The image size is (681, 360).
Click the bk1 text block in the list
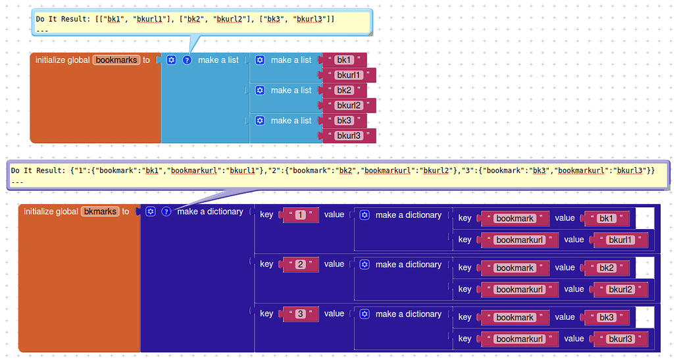coord(344,61)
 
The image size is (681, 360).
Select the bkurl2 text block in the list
coord(349,105)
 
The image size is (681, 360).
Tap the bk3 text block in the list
coord(344,121)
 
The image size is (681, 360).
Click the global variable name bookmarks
coord(116,60)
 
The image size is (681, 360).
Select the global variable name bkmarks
coord(100,212)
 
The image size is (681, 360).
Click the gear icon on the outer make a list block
coord(172,60)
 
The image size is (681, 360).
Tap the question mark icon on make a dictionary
coord(166,212)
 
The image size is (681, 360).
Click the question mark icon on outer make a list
coord(187,60)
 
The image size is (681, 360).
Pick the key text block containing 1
coord(301,215)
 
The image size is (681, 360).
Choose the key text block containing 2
coord(301,265)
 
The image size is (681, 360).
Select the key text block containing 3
coord(301,314)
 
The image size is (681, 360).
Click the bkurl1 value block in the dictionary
coord(620,240)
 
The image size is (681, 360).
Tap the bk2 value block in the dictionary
coord(607,268)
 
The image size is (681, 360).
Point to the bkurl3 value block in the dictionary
coord(620,339)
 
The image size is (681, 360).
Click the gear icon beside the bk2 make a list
coord(260,90)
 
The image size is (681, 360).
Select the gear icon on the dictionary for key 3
coord(365,314)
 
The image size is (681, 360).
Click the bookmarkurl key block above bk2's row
coord(520,240)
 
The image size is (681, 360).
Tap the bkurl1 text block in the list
coord(349,75)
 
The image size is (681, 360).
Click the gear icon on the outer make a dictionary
coord(151,212)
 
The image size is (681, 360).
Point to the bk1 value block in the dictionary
coord(607,219)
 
